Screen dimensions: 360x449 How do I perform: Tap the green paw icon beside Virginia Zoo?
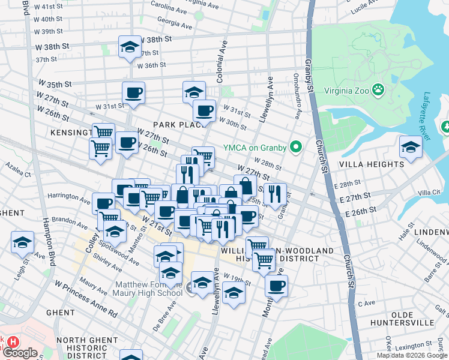coord(378,91)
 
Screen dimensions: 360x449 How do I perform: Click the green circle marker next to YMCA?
coord(295,146)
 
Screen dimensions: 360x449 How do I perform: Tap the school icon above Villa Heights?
coord(411,147)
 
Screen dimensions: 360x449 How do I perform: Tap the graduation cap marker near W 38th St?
coord(130,48)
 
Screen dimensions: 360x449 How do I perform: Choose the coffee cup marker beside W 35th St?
coord(133,93)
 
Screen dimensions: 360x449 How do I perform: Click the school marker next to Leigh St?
coord(22,242)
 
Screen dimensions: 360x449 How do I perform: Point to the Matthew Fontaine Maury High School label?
coord(148,289)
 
